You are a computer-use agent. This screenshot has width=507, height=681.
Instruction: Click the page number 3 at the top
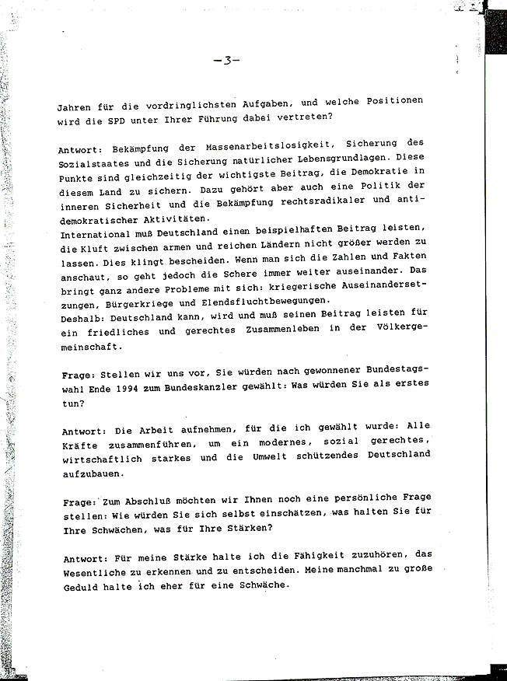(x=226, y=60)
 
